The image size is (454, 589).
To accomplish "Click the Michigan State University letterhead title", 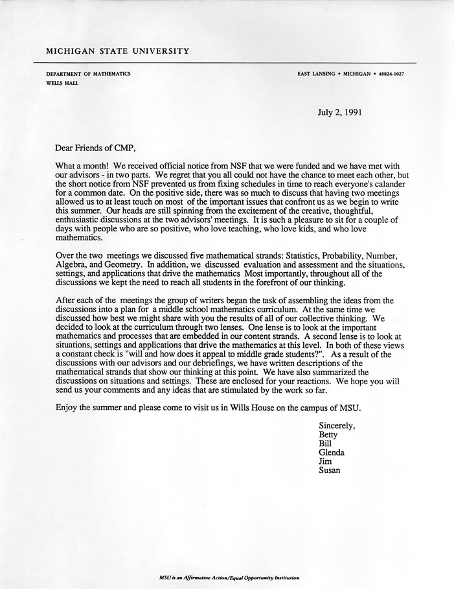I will [x=117, y=51].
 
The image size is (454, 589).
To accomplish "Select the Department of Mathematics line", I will [x=88, y=74].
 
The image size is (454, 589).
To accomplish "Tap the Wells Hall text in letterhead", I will [x=62, y=84].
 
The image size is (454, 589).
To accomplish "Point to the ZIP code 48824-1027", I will [x=388, y=74].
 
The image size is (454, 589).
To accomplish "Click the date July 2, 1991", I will [x=339, y=112].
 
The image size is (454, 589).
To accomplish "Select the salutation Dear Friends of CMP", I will [x=97, y=148].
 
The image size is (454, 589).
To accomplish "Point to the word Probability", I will [x=351, y=255].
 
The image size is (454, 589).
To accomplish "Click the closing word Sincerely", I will [x=337, y=425].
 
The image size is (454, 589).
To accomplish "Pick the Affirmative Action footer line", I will [x=229, y=577].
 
